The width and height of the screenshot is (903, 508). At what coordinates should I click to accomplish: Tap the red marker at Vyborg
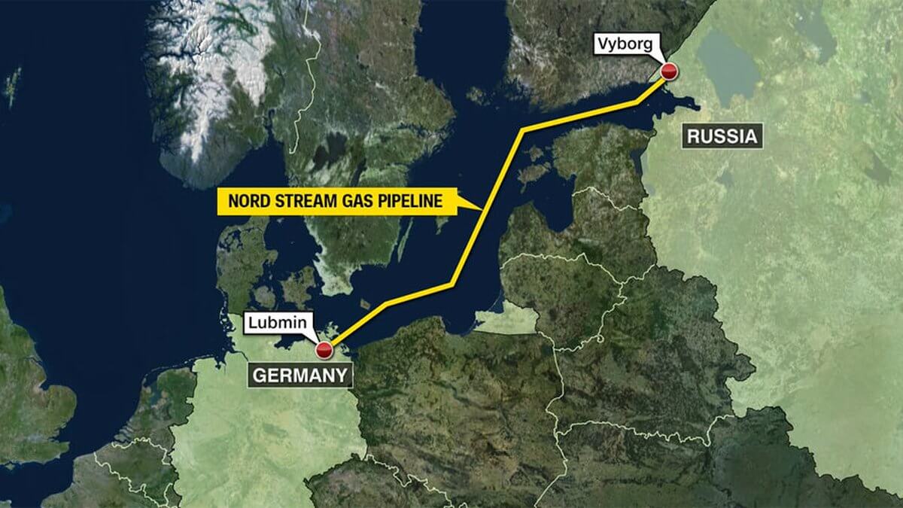click(x=669, y=71)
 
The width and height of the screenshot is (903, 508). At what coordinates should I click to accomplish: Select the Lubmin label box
click(x=277, y=324)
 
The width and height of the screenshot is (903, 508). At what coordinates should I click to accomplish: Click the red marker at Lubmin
click(x=324, y=350)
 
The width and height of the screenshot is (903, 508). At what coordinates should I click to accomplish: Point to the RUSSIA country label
click(x=720, y=137)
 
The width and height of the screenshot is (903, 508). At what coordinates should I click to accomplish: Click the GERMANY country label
click(x=299, y=375)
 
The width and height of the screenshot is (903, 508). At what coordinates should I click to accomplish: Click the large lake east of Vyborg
click(x=727, y=64)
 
